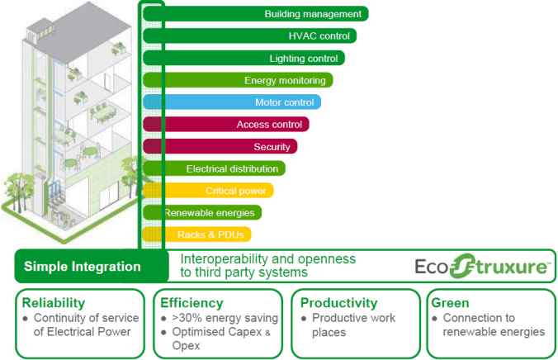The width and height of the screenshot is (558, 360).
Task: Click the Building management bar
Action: click(x=256, y=14)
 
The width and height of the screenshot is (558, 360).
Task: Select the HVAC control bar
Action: click(x=249, y=36)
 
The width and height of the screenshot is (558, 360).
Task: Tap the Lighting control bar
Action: click(x=244, y=58)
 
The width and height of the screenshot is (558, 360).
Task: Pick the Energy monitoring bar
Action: click(x=238, y=80)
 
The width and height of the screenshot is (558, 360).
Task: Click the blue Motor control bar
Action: click(x=232, y=102)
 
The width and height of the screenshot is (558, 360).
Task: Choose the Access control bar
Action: click(x=226, y=125)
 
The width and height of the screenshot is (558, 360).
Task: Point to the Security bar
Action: click(x=220, y=146)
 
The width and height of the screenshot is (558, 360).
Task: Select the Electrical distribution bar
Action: click(x=214, y=168)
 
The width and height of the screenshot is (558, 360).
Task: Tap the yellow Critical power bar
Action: click(x=208, y=191)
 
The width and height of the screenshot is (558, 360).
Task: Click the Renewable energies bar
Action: click(x=202, y=212)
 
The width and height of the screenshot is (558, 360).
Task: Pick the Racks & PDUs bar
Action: click(x=196, y=234)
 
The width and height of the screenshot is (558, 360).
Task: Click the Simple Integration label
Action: click(x=83, y=267)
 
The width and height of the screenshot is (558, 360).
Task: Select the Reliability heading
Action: click(x=54, y=303)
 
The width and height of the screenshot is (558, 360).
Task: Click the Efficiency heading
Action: click(x=192, y=303)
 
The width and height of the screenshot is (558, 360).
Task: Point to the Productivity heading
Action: click(x=338, y=303)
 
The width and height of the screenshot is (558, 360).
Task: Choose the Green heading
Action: click(x=450, y=303)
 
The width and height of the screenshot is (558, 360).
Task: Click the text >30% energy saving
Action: click(x=225, y=318)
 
